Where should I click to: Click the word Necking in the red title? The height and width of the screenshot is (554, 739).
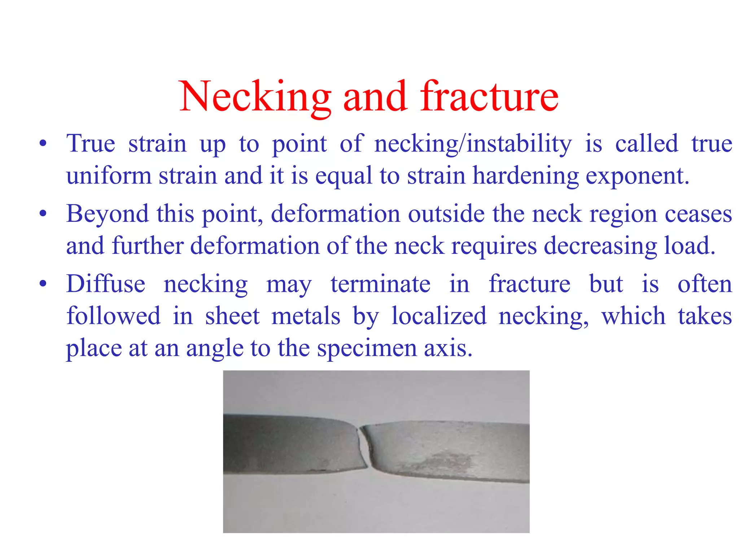(255, 97)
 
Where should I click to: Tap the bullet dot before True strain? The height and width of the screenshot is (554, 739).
(43, 144)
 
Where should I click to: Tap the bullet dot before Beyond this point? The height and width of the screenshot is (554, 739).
(43, 214)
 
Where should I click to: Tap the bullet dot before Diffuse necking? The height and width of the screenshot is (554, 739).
(43, 284)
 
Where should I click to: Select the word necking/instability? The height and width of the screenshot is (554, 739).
(473, 144)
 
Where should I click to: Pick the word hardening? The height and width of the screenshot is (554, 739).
(525, 176)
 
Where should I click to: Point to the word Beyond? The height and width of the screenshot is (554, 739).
(107, 214)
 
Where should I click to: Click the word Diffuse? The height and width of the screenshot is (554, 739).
(106, 284)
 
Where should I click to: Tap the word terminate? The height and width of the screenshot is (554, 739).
(380, 284)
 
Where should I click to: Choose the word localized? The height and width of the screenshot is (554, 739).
(439, 316)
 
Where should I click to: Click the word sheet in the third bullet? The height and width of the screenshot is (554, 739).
(232, 316)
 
